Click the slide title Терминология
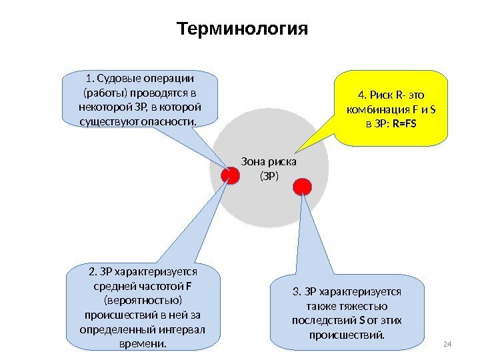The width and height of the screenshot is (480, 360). (x=243, y=31)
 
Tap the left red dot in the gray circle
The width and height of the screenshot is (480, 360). (x=231, y=175)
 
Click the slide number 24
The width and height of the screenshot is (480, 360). (x=447, y=343)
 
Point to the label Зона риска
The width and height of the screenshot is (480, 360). (x=268, y=162)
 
